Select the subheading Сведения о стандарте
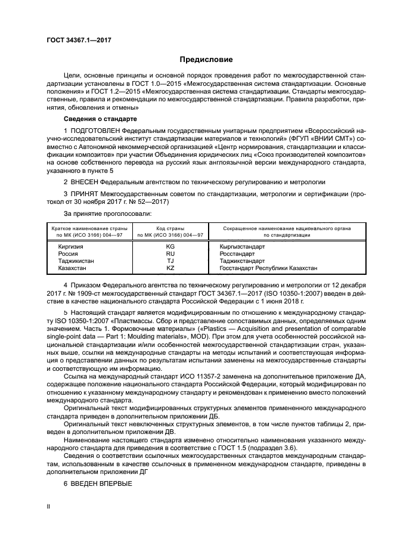point(96,119)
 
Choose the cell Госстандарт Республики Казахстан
point(268,269)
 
